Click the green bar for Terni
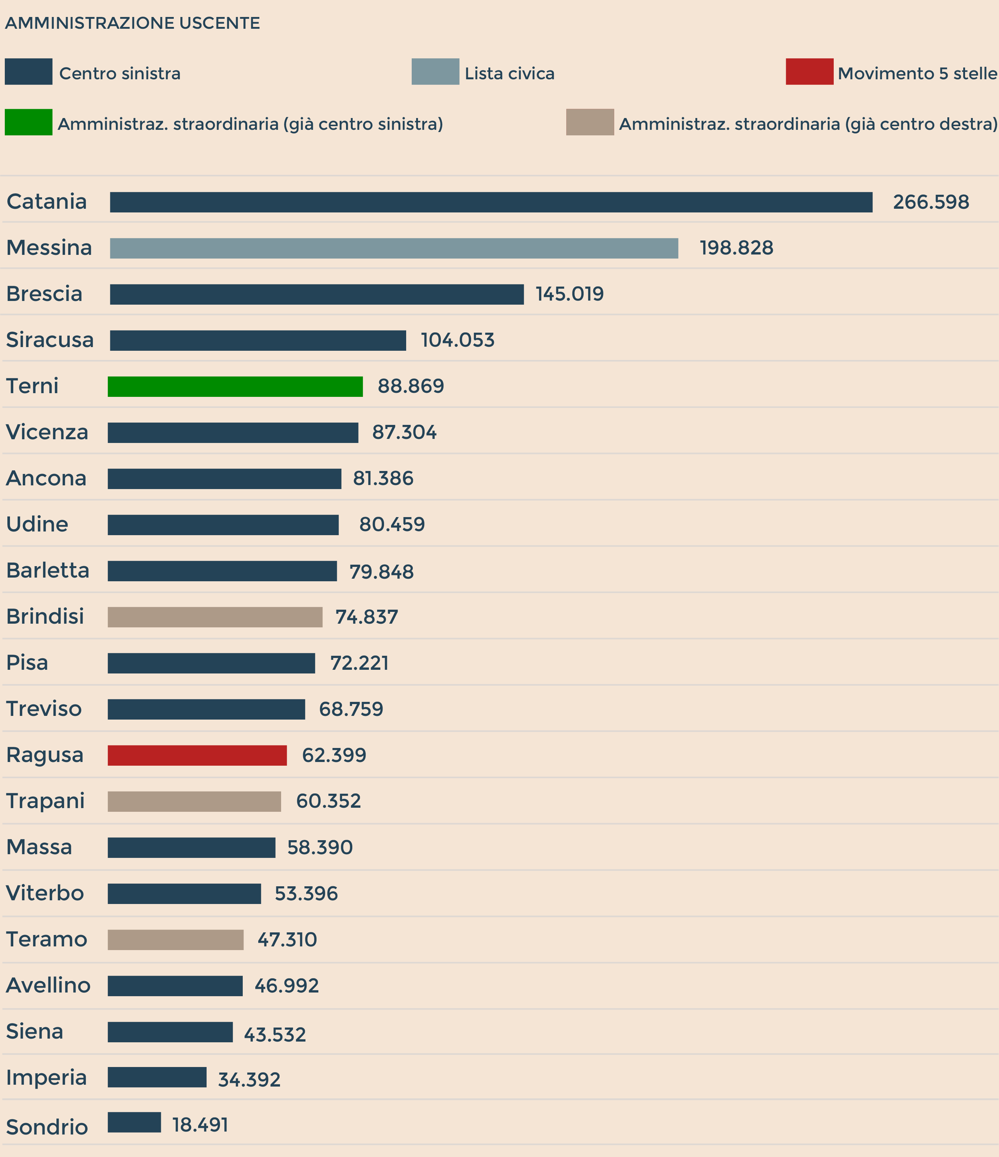click(235, 387)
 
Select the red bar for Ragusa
click(197, 755)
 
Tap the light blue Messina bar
click(394, 248)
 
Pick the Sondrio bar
click(134, 1122)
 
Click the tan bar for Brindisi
click(215, 617)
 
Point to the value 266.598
click(931, 202)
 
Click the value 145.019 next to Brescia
click(570, 294)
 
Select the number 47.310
click(287, 940)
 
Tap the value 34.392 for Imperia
click(249, 1080)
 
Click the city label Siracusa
click(50, 340)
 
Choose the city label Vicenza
click(47, 432)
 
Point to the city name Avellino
click(48, 985)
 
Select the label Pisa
click(27, 663)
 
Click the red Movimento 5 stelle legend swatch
click(809, 72)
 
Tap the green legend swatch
click(28, 122)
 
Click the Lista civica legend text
click(509, 74)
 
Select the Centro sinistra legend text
click(120, 74)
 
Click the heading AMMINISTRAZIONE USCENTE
click(132, 23)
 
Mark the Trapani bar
click(194, 801)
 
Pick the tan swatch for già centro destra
click(590, 122)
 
